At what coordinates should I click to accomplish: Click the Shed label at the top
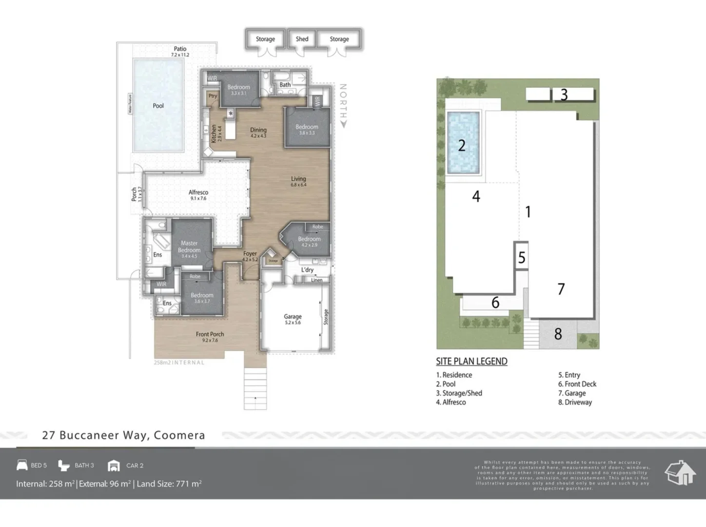coord(302,39)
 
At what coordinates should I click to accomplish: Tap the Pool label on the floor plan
coord(158,105)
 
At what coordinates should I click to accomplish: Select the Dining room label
coord(258,130)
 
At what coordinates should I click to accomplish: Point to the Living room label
coord(298,179)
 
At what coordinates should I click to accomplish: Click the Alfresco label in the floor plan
coord(198,192)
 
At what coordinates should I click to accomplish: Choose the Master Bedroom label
coord(189,246)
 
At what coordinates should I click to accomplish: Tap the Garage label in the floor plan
coord(293,316)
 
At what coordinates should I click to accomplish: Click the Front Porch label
coord(210,334)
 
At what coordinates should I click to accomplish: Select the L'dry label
coord(307,270)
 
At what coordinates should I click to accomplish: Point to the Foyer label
coord(250,254)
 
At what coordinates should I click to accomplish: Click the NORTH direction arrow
coord(343,124)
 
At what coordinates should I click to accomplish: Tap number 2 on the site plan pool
coord(462,145)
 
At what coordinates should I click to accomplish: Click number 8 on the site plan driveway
coord(558,334)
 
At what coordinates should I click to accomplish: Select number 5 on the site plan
coord(522,257)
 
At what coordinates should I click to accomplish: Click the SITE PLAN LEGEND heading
coord(471,361)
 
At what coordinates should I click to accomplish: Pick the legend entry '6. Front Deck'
coord(577,384)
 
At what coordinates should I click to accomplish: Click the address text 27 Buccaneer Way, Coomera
coord(123,435)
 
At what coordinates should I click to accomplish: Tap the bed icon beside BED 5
coord(22,465)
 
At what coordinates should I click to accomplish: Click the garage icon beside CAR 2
coord(114,466)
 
